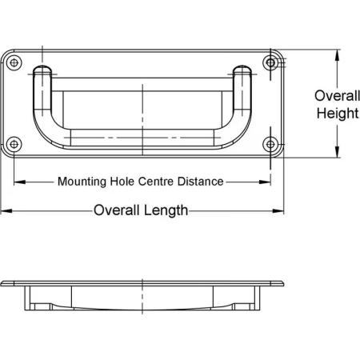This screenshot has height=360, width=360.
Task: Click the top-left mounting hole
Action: coord(14,63)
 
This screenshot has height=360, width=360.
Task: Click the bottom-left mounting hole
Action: coord(14,144)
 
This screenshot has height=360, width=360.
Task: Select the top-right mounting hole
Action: coord(270,63)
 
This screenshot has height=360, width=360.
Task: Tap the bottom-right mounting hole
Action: coord(270,144)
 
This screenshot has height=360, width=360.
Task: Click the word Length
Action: coord(165,210)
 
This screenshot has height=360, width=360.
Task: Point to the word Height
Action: coord(338,114)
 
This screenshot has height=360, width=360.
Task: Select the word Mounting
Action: coord(82,182)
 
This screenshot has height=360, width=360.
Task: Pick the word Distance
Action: coord(201,182)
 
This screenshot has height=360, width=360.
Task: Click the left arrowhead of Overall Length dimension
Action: coord(6,211)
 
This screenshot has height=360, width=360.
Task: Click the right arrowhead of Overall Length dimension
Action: coord(278,211)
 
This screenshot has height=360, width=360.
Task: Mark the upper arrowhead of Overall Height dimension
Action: coord(338,55)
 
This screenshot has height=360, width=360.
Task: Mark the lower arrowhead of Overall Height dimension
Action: coord(338,152)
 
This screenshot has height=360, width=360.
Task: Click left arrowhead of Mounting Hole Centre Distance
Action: coord(19,182)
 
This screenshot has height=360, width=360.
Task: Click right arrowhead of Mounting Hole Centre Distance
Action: coord(265,182)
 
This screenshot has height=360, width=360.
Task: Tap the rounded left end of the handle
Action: coord(42,70)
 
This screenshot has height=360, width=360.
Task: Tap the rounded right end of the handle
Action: coord(242,70)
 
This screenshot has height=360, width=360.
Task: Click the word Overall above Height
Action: coord(337,96)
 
